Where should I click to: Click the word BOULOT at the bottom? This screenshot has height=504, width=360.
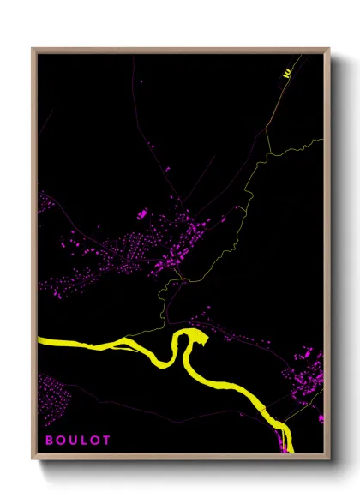click(78, 441)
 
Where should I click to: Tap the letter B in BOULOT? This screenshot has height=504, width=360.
click(49, 441)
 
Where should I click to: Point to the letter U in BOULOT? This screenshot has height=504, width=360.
click(73, 441)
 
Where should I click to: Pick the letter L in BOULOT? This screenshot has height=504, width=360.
click(84, 441)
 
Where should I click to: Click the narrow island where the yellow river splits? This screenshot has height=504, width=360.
click(129, 345)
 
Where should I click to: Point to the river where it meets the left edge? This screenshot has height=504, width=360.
click(41, 343)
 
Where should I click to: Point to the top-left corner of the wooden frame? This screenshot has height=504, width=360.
click(33, 49)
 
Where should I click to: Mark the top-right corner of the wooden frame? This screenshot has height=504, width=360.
click(329, 49)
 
